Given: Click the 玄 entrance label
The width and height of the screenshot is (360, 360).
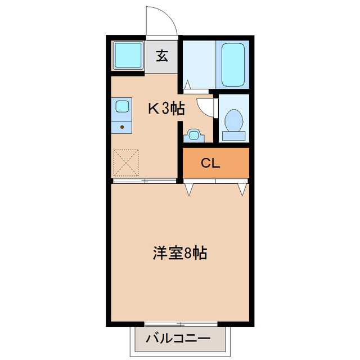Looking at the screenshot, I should (163, 56).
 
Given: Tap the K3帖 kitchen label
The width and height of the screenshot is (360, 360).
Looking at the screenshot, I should (166, 109).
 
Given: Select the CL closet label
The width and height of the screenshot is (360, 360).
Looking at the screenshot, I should (210, 164).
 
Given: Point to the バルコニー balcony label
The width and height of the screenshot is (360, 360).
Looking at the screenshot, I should (178, 339).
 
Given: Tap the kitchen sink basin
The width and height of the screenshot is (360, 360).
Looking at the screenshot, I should (122, 106).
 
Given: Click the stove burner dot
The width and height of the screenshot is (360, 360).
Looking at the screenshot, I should (121, 127).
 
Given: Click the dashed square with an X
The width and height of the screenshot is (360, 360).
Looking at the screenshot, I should (125, 161).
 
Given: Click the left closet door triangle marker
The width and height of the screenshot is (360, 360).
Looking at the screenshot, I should (188, 189).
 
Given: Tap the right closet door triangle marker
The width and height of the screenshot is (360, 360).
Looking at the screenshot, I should (242, 189).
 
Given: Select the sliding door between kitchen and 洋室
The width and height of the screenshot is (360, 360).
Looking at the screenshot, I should (145, 181).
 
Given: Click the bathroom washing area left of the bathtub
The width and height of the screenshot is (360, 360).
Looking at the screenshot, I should (200, 64).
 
